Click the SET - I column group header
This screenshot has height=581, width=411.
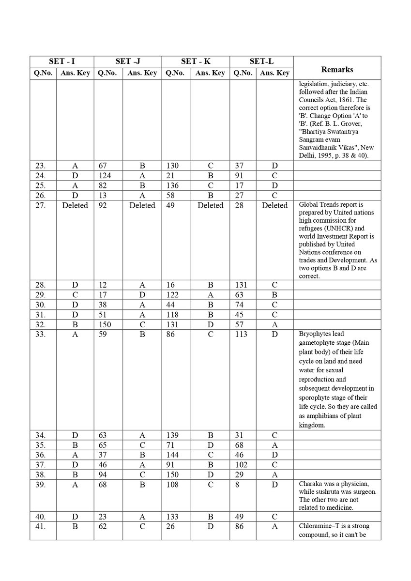click(61, 61)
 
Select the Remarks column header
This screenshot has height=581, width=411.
click(336, 69)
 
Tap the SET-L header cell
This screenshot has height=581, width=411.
click(261, 61)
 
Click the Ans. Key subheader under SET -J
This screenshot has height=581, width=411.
click(142, 73)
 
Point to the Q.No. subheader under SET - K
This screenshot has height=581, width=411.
click(176, 73)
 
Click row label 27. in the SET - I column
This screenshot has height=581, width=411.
click(42, 205)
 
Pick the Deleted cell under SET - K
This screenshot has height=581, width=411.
click(210, 205)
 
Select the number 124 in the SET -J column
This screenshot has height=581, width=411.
click(104, 176)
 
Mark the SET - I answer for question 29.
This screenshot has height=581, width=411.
click(75, 295)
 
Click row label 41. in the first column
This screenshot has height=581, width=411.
click(42, 526)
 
